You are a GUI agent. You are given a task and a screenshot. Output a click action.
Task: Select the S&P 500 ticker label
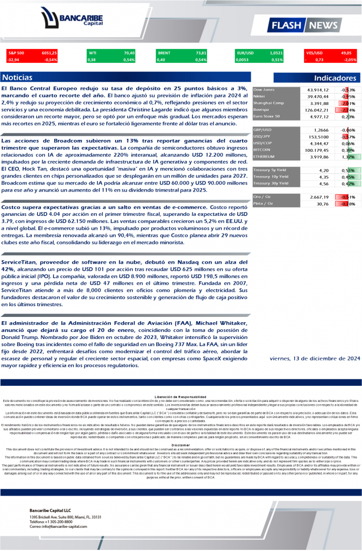click(x=16, y=53)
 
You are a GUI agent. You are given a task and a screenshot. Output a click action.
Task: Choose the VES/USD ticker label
click(x=314, y=53)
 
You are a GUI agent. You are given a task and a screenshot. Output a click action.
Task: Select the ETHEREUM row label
click(x=265, y=157)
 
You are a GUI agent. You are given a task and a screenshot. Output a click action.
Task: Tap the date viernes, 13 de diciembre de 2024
click(x=315, y=358)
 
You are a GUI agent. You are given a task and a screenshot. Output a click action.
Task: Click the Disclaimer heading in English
click(x=181, y=446)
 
